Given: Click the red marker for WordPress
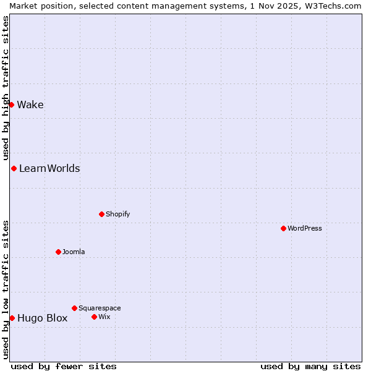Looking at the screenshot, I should (x=283, y=228).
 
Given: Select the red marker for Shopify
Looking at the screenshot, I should (x=101, y=214).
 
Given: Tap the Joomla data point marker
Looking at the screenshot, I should (x=58, y=252).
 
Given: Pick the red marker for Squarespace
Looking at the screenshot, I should (x=74, y=308).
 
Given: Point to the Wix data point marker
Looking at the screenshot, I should (x=94, y=317).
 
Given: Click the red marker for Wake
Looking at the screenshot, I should (x=11, y=104).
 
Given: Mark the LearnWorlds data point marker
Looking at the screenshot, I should (x=14, y=168).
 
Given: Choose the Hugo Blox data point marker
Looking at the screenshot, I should (x=12, y=318).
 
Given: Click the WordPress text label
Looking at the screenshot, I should (x=305, y=228).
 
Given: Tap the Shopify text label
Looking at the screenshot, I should (x=117, y=214).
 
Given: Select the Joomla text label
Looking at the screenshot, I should (x=74, y=252).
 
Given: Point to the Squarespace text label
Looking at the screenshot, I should (x=100, y=308).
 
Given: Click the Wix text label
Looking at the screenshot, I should (x=104, y=317).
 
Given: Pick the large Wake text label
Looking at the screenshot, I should (x=30, y=104).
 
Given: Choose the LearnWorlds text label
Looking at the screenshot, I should (x=49, y=168).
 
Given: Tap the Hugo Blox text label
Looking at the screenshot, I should (x=42, y=318).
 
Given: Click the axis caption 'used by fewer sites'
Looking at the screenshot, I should (x=64, y=366).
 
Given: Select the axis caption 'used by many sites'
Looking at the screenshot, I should (x=310, y=366).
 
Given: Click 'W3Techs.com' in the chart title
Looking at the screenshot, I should (x=335, y=6).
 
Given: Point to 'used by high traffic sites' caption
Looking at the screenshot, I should (x=6, y=87).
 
